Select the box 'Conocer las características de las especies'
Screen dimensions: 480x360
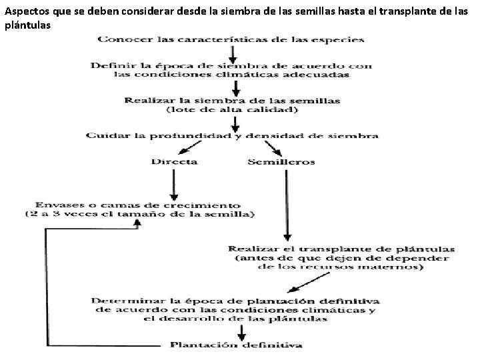231,39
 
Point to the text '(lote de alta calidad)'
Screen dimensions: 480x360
231,109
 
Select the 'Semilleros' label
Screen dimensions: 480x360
281,162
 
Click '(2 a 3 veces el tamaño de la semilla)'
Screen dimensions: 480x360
141,215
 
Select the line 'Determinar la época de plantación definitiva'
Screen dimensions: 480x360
237,301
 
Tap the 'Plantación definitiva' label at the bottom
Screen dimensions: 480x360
236,345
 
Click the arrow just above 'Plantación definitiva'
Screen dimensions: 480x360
240,331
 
